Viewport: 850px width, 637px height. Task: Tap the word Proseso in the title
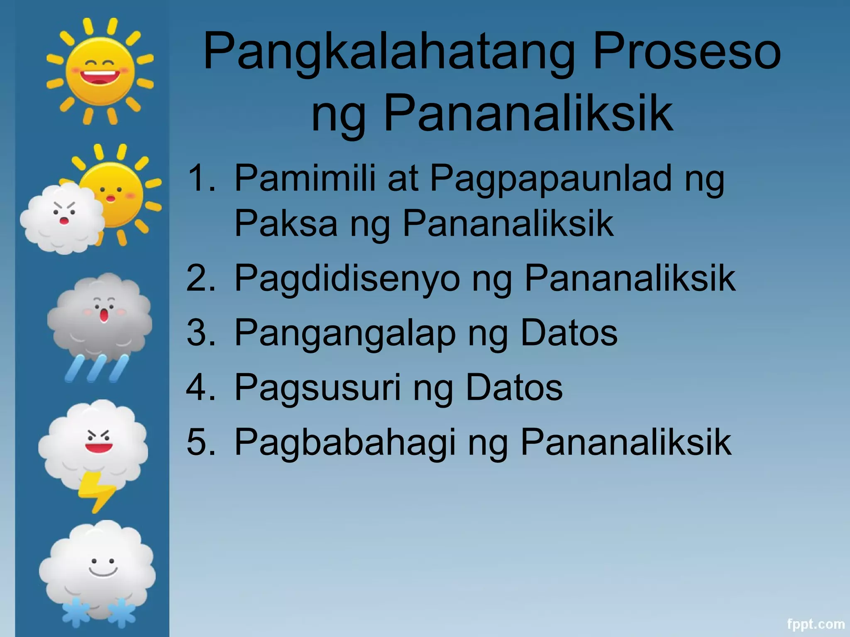[687, 52]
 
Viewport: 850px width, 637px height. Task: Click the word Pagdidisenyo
[347, 279]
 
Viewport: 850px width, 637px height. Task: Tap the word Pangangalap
[345, 334]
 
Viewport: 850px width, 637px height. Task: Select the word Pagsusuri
[318, 388]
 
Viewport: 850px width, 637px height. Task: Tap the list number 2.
[201, 278]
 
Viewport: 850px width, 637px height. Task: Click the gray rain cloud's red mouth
[104, 316]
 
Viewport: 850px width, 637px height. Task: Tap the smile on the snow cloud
[103, 572]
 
